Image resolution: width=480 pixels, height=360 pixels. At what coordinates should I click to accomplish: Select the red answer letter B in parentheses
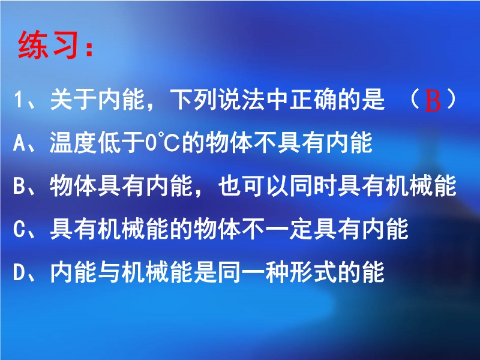coord(433,101)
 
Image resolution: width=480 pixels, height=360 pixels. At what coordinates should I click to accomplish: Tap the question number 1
coord(18,100)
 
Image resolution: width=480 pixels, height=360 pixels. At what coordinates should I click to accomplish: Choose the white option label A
coord(19,143)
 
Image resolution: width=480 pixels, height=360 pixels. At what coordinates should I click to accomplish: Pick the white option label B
coord(19,186)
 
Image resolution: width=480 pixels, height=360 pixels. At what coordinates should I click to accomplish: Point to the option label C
coord(19,229)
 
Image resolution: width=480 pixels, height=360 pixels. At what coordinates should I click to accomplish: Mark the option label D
coord(19,272)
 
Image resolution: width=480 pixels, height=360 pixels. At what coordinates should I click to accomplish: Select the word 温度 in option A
coord(73,143)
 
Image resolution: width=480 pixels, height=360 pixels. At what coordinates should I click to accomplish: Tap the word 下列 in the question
coord(194,100)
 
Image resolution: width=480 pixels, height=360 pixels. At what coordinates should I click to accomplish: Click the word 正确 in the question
coord(314,100)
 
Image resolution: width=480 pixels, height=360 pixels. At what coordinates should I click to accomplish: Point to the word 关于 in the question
coord(73,100)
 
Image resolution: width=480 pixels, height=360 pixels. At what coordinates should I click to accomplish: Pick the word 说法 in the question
coord(242,100)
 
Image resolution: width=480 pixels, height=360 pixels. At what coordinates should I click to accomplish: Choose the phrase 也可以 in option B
coord(254,186)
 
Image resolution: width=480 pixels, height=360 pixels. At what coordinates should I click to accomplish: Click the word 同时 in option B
coord(314,186)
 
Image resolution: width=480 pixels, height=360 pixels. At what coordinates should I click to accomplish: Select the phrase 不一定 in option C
coord(278,229)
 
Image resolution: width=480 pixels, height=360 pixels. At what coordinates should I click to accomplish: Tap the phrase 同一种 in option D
coord(254,272)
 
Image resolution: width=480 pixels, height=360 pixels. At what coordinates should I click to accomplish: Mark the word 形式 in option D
coord(314,272)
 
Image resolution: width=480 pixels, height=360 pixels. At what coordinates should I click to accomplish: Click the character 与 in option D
coord(110,272)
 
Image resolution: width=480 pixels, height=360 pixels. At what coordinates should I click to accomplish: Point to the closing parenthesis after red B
coord(451,100)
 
